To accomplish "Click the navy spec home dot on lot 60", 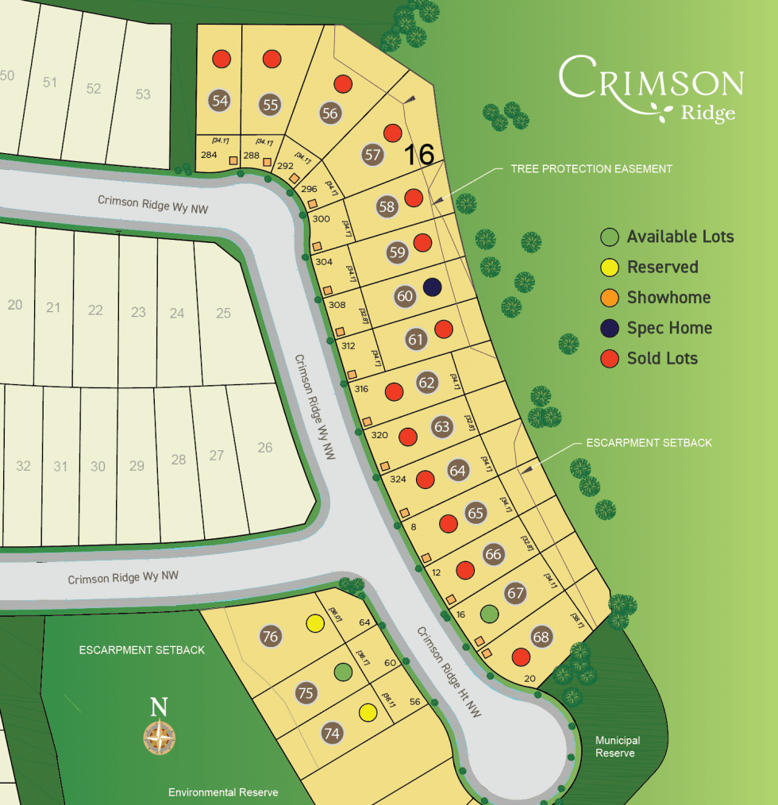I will (x=432, y=287).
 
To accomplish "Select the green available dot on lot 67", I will (x=490, y=614).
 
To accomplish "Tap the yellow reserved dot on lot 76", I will (x=315, y=624).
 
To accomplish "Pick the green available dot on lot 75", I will (x=342, y=672).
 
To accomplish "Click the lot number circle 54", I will (x=220, y=101).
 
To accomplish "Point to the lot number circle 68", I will (x=541, y=637).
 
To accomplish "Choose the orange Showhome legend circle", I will (x=609, y=298).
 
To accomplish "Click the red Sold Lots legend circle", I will (x=609, y=358).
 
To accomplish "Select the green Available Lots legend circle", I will (x=609, y=237).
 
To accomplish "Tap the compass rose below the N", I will (x=160, y=738).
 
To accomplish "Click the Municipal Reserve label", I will (x=618, y=746).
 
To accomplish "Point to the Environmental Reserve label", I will (x=223, y=792).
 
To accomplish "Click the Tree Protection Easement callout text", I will (x=591, y=169).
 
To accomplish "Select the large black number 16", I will (x=419, y=155).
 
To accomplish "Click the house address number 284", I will (x=210, y=154).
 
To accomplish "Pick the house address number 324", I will (x=398, y=480).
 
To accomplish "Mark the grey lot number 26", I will (x=264, y=448).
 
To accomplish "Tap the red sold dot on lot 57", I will (x=391, y=132).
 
